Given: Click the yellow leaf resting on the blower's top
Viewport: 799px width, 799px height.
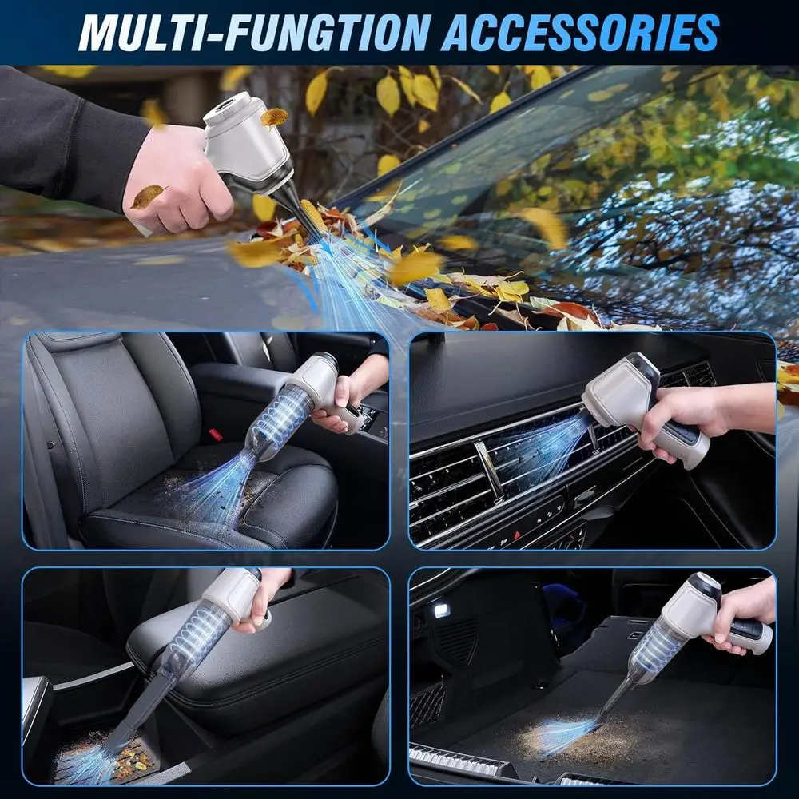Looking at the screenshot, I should click(274, 117).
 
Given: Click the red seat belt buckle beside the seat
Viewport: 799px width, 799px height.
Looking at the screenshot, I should click(214, 435).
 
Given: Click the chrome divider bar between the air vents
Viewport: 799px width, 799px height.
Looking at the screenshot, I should click(488, 471).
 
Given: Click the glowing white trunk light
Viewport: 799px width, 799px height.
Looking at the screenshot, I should click(441, 611).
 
